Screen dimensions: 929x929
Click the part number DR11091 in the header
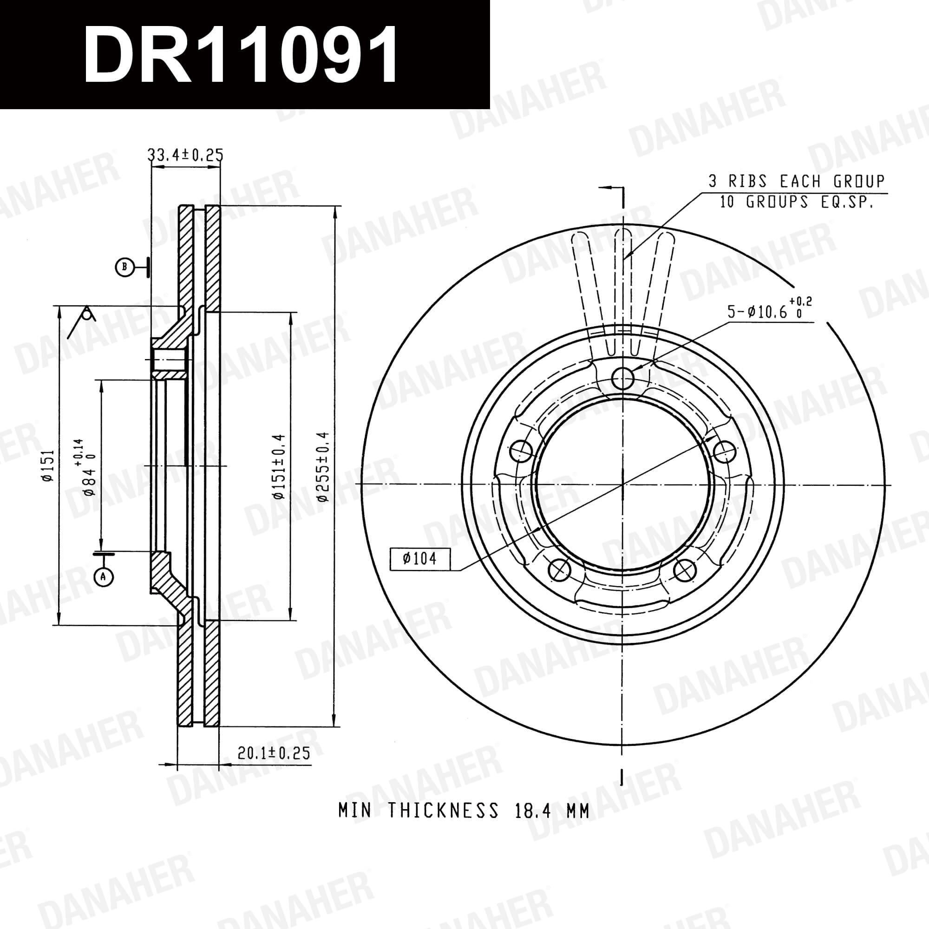pyautogui.click(x=241, y=54)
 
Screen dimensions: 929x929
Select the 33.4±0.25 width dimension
pyautogui.click(x=185, y=154)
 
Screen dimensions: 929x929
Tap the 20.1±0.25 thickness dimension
pyautogui.click(x=274, y=752)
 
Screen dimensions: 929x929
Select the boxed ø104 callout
pyautogui.click(x=420, y=559)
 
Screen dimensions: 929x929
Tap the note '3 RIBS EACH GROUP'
pyautogui.click(x=796, y=181)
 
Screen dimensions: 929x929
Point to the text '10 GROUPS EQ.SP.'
pyautogui.click(x=796, y=202)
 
